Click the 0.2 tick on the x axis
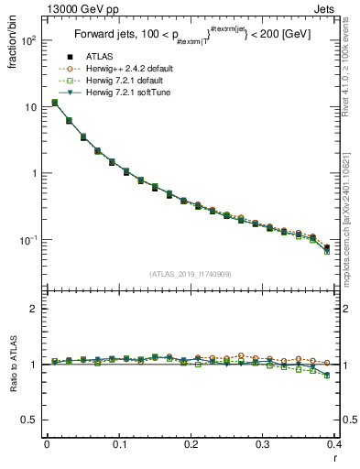[x=191, y=446]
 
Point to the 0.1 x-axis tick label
[x=118, y=446]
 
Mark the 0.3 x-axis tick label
[x=263, y=446]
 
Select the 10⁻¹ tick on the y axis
[x=27, y=240]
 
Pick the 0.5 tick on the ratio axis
[x=29, y=420]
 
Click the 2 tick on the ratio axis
[x=33, y=309]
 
